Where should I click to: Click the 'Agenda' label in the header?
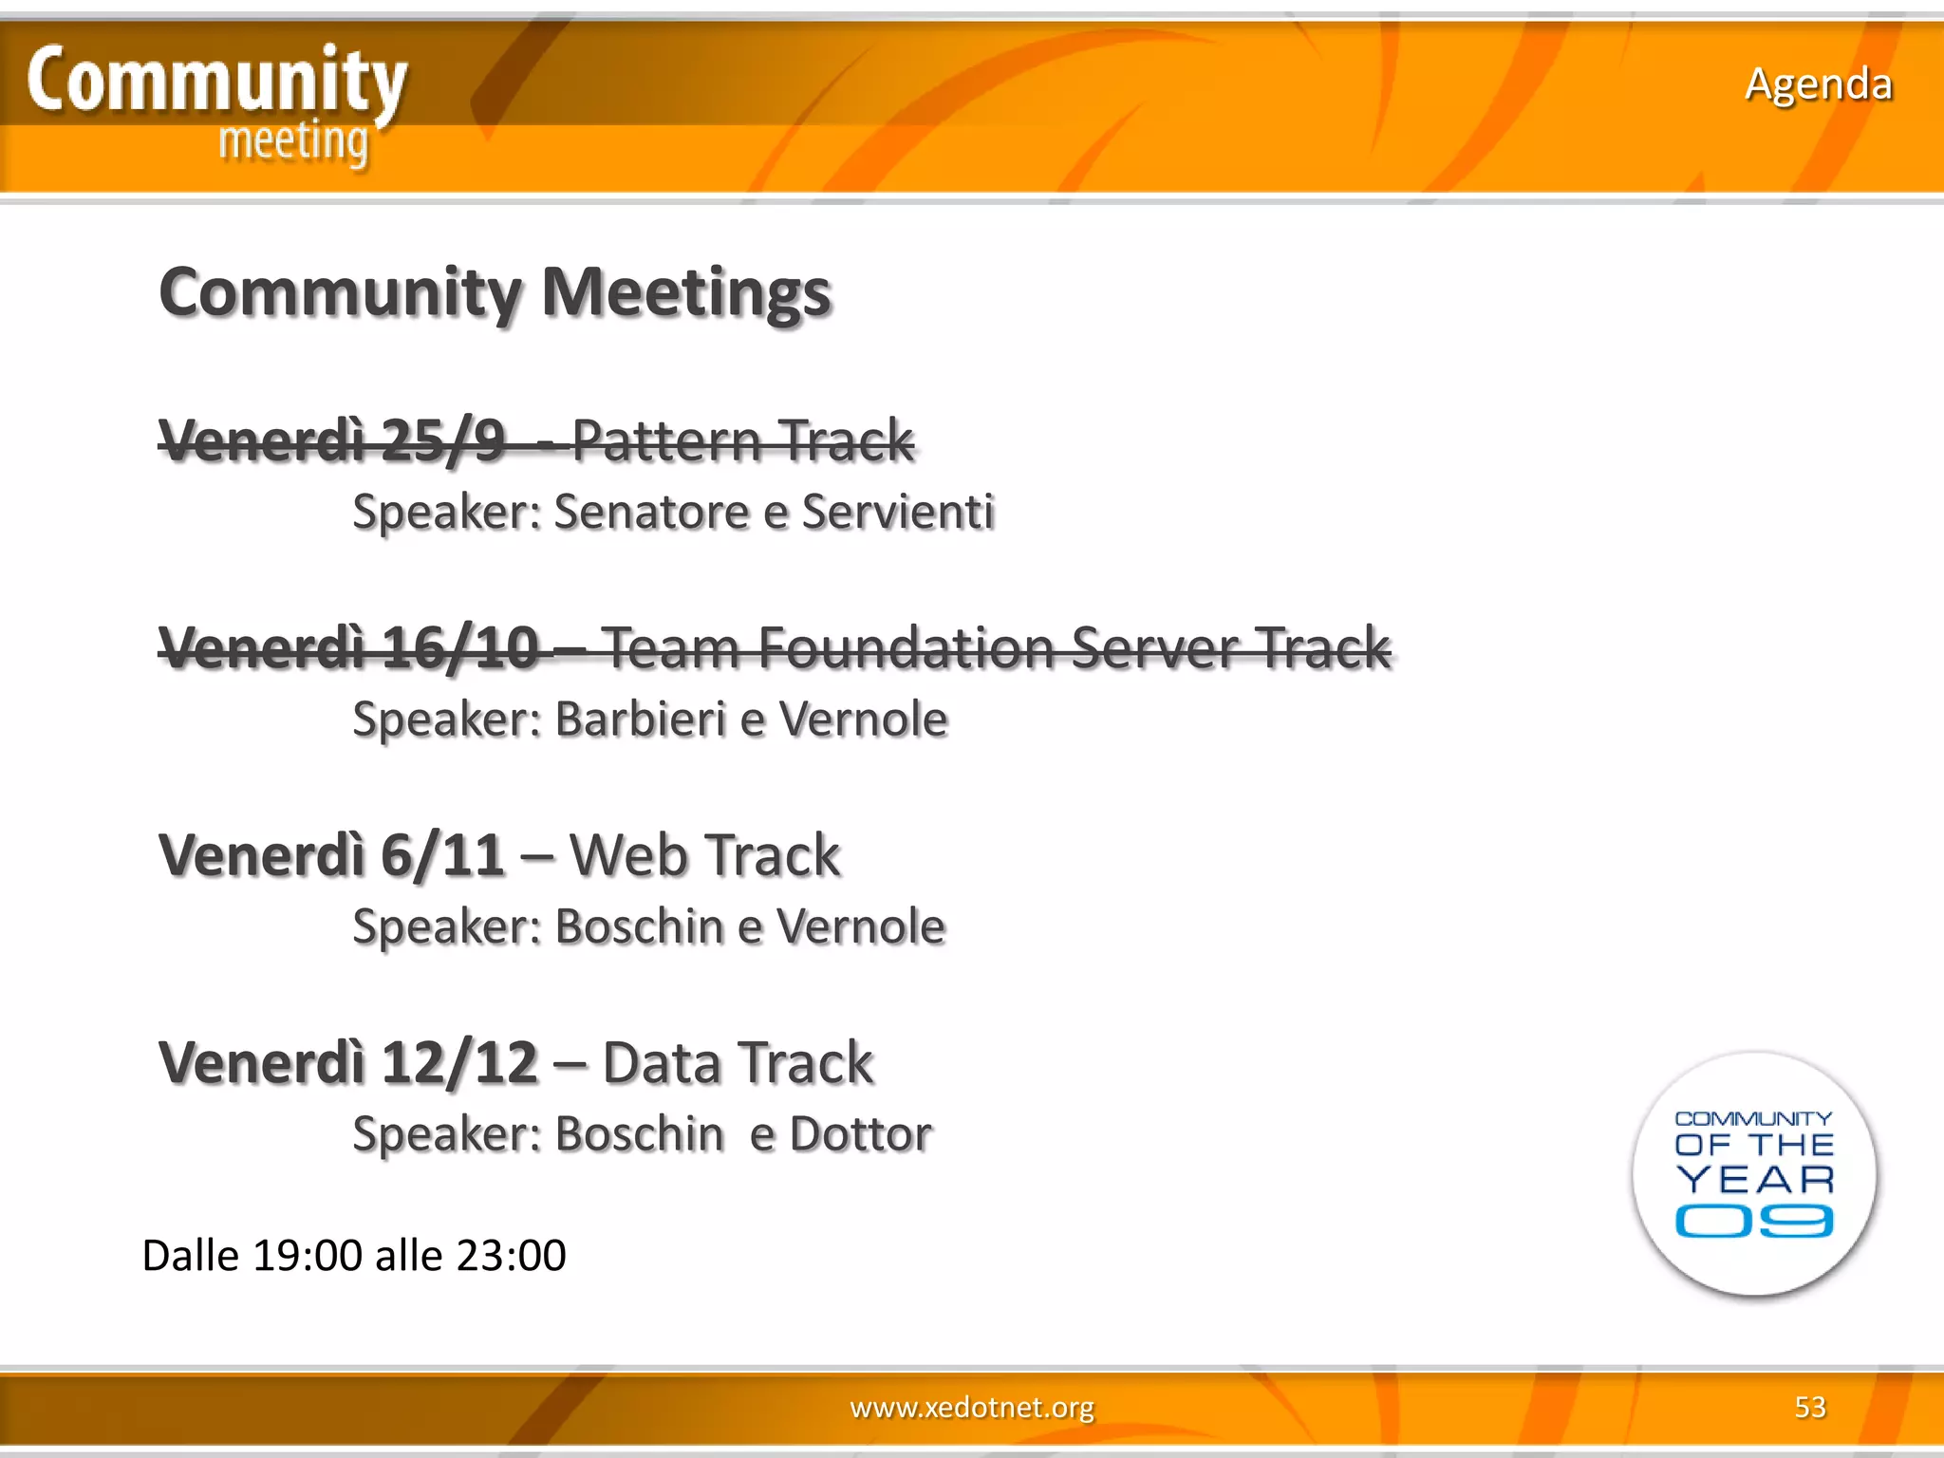1818,84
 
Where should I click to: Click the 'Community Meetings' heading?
495,292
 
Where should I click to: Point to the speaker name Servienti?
897,512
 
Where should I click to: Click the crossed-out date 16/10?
459,648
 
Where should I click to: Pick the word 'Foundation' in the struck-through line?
906,648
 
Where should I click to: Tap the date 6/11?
442,855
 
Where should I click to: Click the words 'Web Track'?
704,855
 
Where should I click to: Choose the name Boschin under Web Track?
641,926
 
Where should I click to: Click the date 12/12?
459,1062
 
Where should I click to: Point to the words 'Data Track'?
737,1062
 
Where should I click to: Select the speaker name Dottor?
860,1133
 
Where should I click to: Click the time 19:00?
308,1256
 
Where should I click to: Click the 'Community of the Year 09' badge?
1753,1173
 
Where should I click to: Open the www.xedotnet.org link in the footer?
972,1407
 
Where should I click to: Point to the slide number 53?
1809,1407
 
